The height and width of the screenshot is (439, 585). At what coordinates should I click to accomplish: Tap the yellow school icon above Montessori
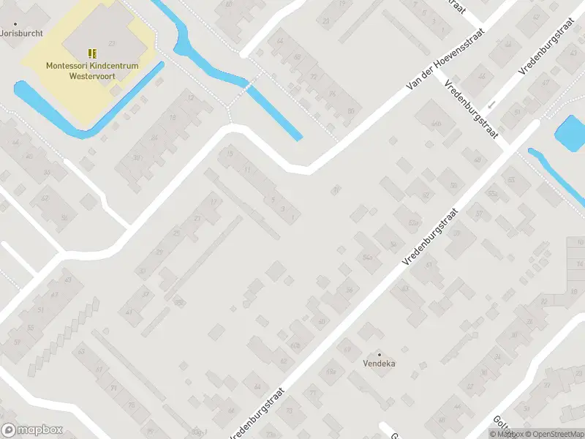coord(92,53)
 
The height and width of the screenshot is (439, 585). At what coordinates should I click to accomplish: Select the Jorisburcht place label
coord(22,33)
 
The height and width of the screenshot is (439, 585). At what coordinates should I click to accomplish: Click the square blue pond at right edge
coord(570,132)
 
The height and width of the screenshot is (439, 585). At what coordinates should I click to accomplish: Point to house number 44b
coord(437,124)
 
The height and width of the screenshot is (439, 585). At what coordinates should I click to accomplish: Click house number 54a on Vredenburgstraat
coord(368,257)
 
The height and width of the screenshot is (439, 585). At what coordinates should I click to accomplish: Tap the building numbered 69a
coord(331,372)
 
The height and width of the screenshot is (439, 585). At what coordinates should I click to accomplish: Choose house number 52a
coord(413,222)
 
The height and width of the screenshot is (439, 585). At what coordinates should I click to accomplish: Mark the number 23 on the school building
coord(111,44)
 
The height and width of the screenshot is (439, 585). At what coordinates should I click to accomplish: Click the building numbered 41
coord(129,312)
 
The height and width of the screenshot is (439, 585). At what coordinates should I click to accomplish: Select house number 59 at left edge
coord(17,342)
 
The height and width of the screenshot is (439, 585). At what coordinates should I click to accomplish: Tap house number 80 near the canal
coord(351,111)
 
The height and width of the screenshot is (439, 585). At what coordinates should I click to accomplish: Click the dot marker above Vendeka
coord(379,354)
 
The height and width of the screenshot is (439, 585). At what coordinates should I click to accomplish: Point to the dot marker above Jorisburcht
coord(15,24)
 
